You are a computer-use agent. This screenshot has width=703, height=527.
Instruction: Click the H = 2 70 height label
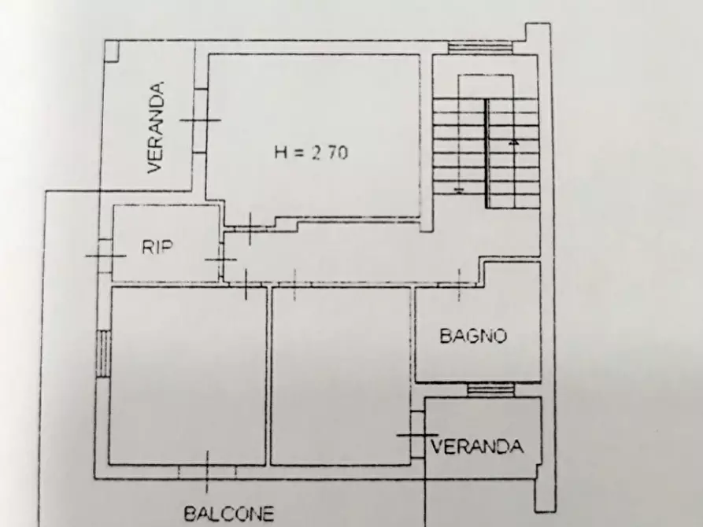click(311, 153)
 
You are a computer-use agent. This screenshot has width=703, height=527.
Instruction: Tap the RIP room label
click(157, 247)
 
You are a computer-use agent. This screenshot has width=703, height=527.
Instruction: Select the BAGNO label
click(472, 337)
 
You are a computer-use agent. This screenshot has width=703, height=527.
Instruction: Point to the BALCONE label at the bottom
click(229, 514)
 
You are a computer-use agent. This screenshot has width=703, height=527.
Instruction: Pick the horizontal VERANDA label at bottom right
click(477, 447)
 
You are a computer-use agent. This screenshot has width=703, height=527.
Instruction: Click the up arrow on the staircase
click(513, 142)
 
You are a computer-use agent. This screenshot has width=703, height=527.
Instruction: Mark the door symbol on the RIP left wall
click(105, 255)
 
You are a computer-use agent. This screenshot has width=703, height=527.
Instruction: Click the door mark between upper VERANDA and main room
click(200, 120)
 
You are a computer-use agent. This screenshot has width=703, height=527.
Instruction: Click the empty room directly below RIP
click(187, 376)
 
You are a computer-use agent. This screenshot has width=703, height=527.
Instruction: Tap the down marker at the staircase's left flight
click(459, 190)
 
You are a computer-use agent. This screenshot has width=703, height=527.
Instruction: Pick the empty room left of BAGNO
click(342, 376)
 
